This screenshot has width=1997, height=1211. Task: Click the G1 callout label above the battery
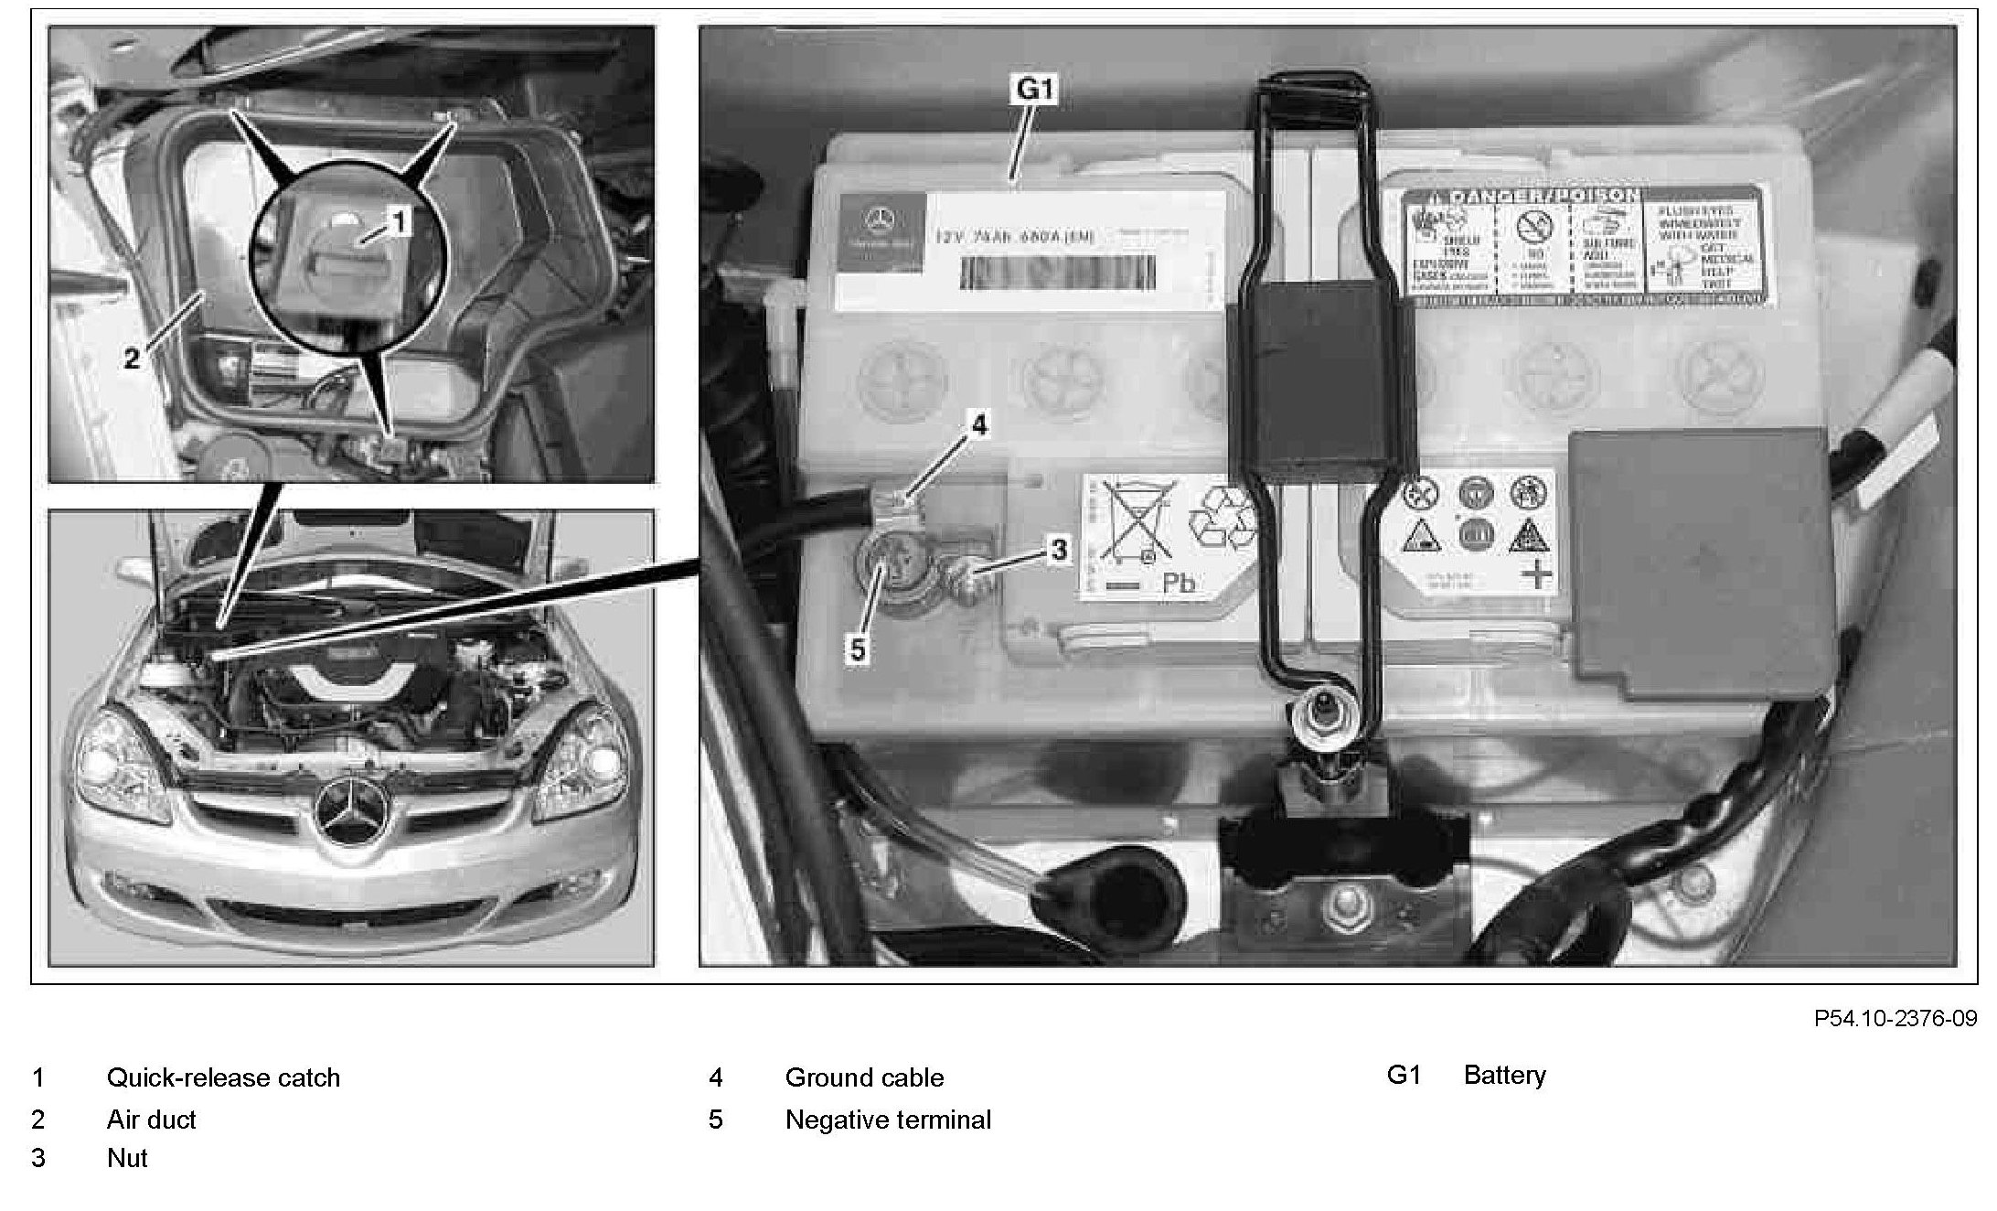1035,90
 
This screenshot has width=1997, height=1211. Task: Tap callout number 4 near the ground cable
979,425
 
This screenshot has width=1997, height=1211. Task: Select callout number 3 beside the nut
1058,550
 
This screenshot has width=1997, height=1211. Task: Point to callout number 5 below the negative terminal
857,649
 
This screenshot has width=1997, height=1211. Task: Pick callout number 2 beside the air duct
132,359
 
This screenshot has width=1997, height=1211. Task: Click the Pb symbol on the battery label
1179,583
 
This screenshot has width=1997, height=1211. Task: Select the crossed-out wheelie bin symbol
1133,520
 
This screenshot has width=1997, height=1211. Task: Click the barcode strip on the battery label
1056,273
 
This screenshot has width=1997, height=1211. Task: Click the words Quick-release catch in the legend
223,1077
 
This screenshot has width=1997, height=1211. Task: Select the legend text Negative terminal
888,1120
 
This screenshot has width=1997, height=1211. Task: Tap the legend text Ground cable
864,1077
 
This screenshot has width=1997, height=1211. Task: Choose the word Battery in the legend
1504,1075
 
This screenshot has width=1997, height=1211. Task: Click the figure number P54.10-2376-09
1896,1018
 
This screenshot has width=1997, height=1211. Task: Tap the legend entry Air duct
152,1120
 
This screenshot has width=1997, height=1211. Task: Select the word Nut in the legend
127,1158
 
